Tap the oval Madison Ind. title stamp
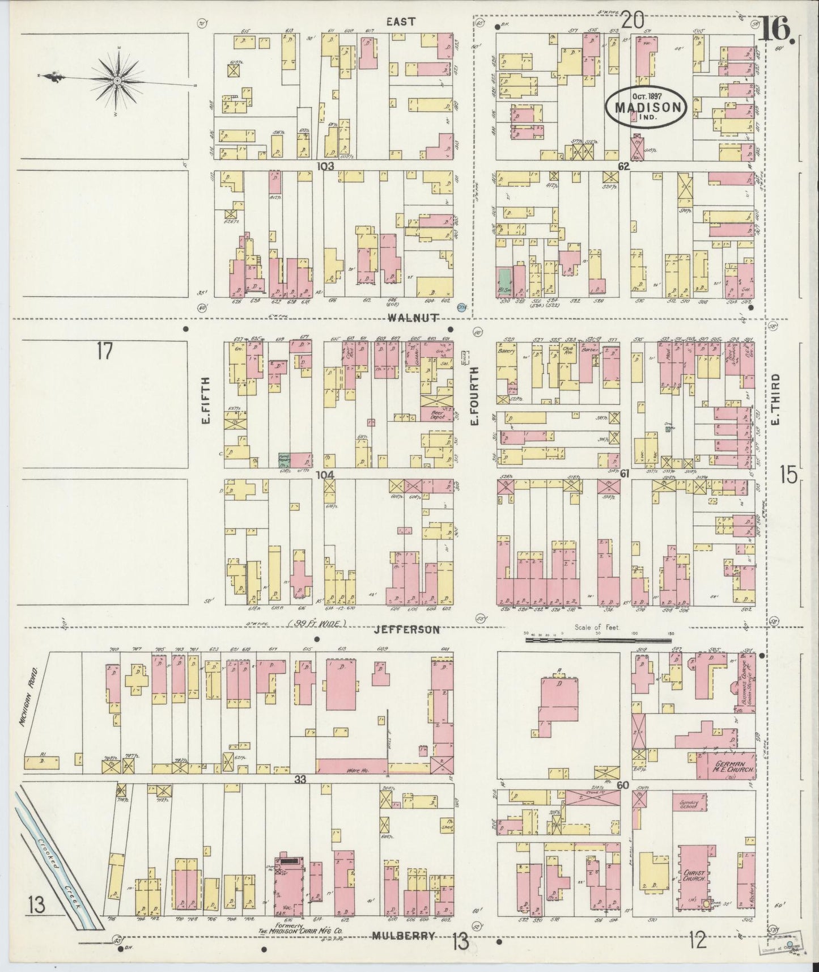pos(646,105)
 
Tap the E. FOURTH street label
pos(475,395)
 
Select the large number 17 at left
pos(104,352)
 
